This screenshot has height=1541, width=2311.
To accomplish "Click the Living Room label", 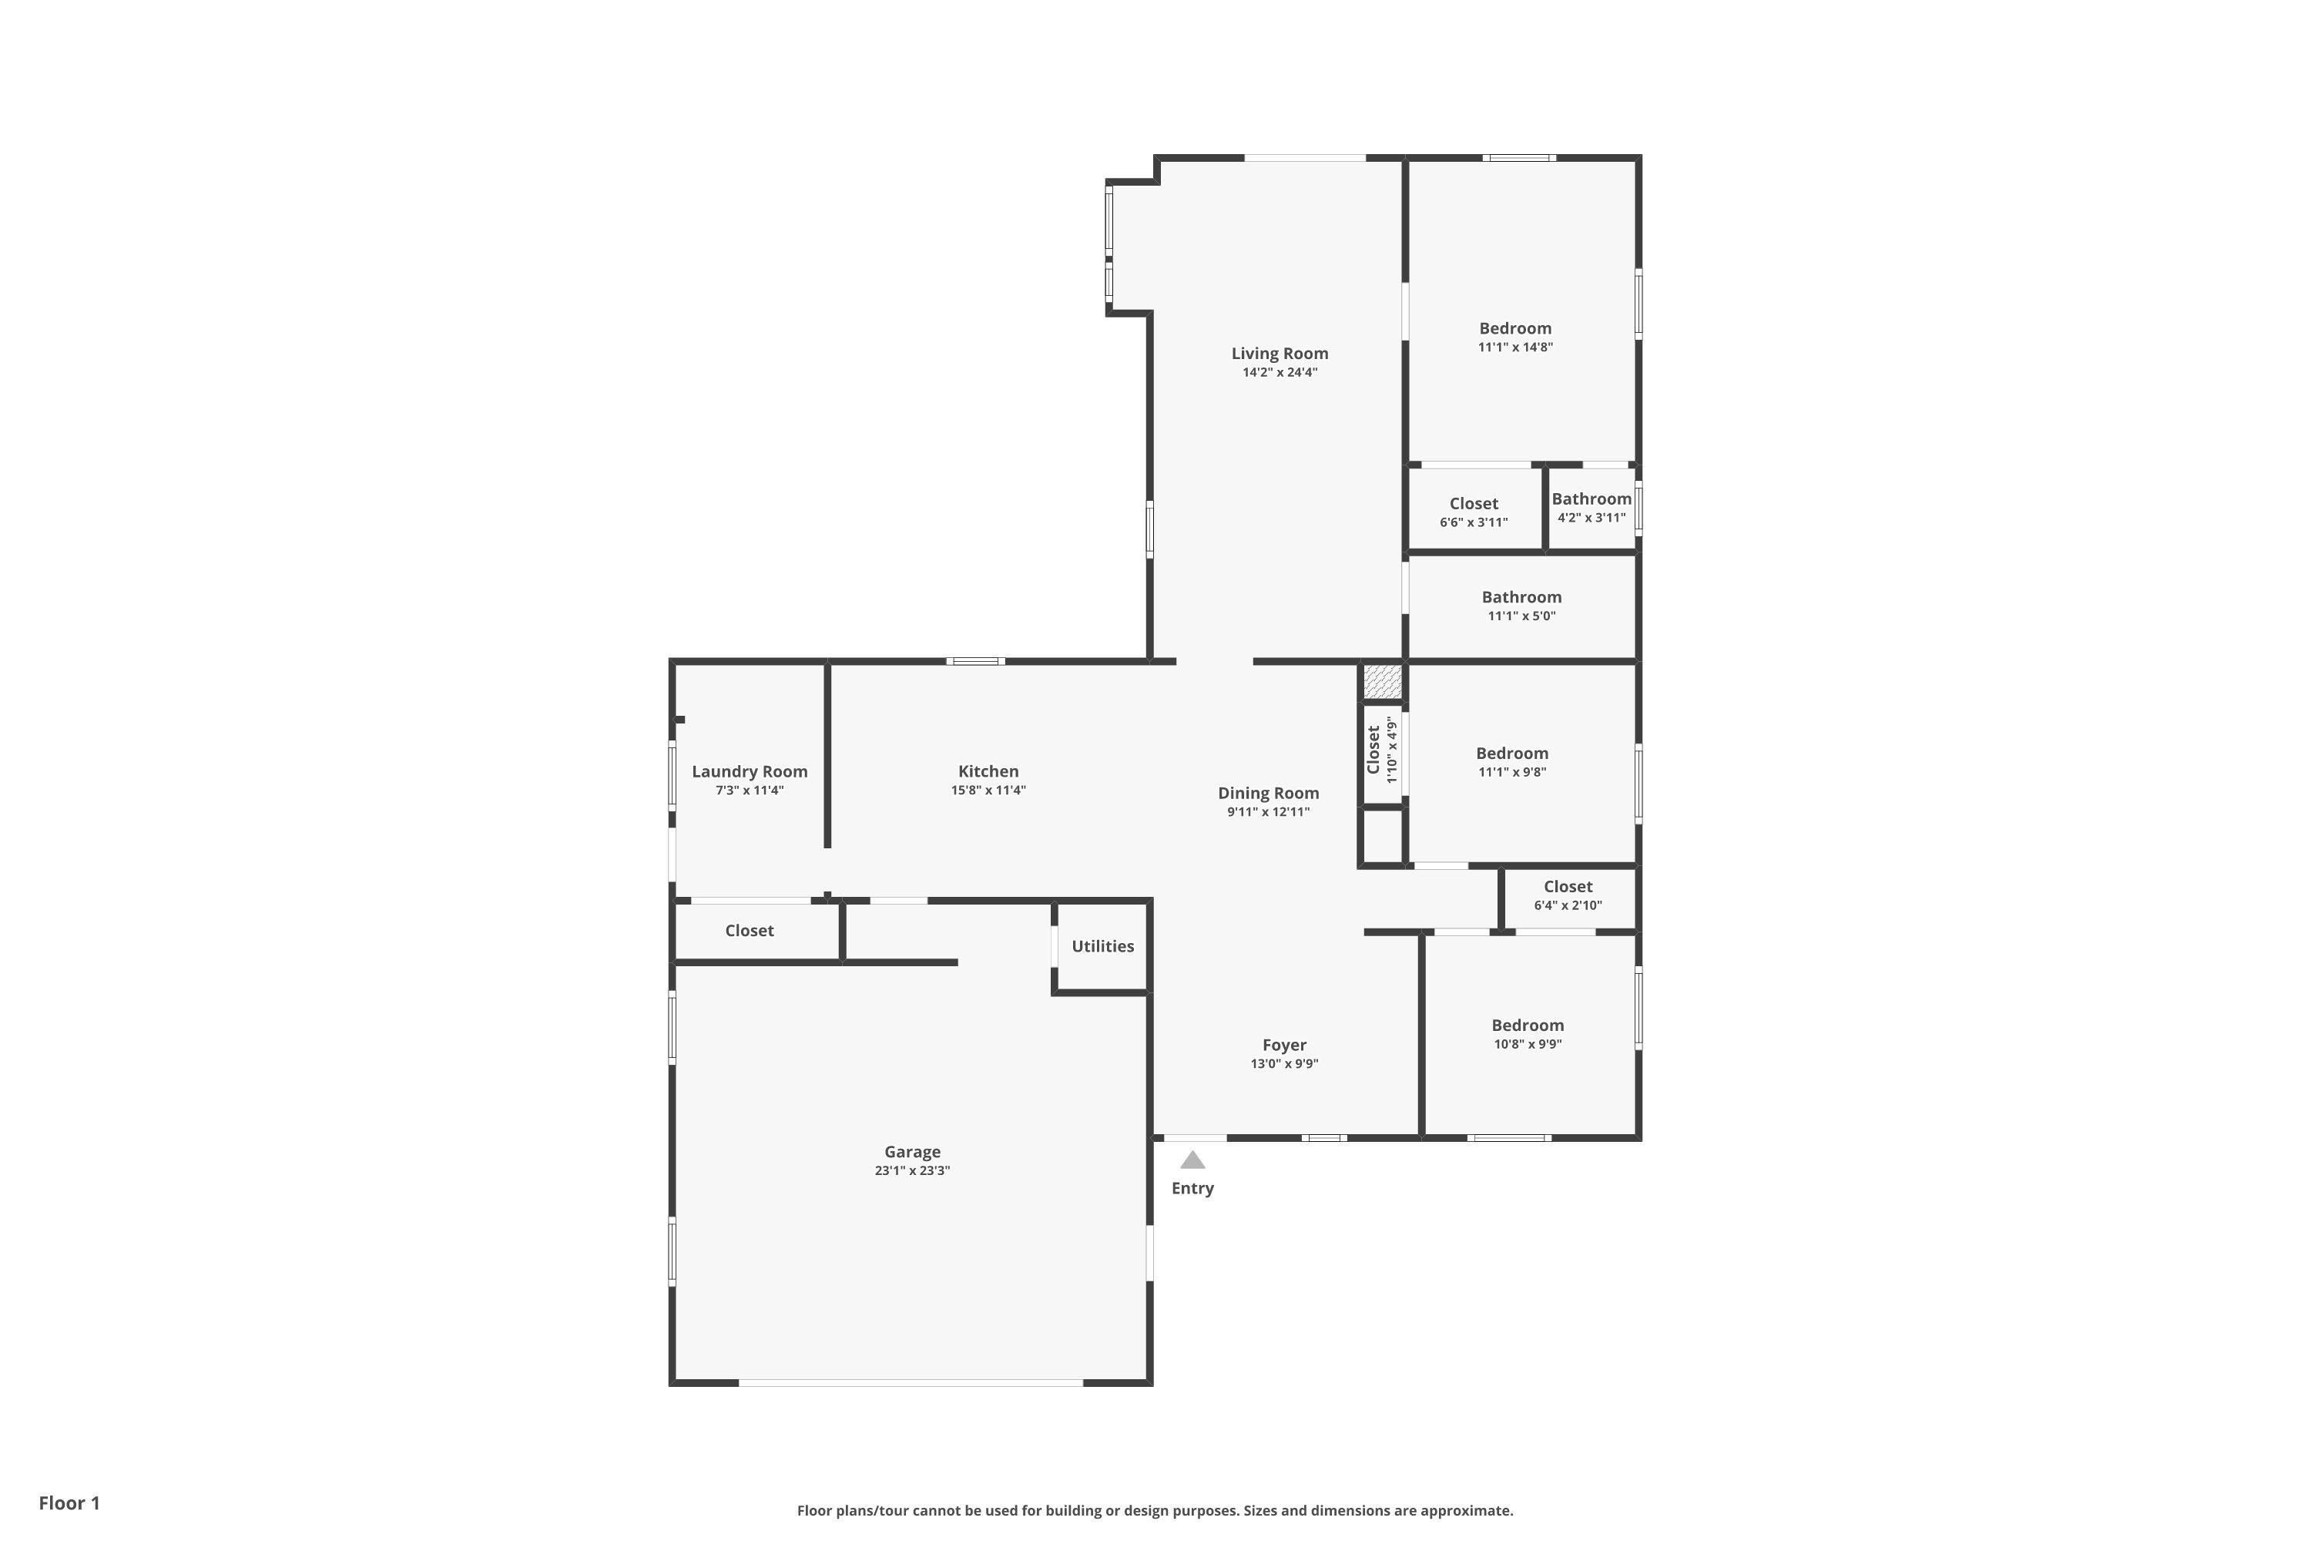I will point(1280,354).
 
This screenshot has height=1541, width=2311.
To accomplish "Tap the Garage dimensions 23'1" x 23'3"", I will point(912,1170).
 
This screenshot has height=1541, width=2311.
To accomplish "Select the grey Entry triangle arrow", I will point(1192,1160).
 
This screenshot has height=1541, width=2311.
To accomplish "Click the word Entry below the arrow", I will point(1192,1188).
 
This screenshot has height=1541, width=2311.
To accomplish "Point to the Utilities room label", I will point(1102,946).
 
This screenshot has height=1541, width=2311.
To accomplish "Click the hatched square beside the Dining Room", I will point(1381,681).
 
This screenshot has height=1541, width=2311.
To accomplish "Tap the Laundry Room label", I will point(750,771).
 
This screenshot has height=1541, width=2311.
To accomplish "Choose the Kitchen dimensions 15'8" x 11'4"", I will point(988,791).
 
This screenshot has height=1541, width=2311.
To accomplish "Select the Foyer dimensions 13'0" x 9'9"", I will point(1284,1063).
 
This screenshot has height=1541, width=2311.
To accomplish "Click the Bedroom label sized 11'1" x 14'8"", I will point(1515,328).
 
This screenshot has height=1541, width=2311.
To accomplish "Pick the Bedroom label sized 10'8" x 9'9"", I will point(1527,1025).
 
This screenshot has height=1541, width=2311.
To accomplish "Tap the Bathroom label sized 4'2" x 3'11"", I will point(1591,499).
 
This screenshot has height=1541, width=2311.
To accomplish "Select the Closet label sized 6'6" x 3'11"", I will point(1473,503).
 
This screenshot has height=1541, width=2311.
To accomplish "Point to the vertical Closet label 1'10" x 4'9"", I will point(1374,750).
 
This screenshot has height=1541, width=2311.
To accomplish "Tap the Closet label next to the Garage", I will point(749,931).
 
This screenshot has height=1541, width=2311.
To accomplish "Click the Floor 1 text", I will point(69,1502).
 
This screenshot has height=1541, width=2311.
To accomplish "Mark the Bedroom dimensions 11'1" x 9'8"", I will point(1511,773).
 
